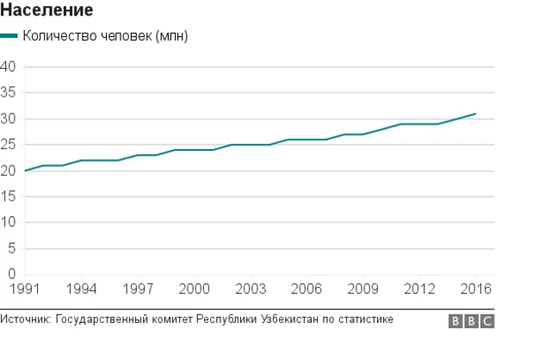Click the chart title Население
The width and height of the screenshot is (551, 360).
tap(47, 10)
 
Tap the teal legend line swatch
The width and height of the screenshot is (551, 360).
tap(9, 36)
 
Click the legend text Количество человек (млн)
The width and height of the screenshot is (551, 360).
tap(105, 36)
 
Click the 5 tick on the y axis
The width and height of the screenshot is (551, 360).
tap(11, 248)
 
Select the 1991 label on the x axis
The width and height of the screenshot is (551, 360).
tap(25, 288)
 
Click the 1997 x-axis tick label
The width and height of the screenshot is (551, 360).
tap(138, 288)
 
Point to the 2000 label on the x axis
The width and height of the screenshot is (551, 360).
tap(195, 288)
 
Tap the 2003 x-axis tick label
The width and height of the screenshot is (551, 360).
tap(251, 288)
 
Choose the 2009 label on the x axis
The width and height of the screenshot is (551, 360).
tap(362, 288)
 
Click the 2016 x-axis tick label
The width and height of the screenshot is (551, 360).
tap(476, 288)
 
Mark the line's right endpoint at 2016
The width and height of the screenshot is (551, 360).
tap(475, 114)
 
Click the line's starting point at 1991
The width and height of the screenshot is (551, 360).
tap(26, 171)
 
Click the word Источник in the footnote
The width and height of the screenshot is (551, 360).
tap(25, 320)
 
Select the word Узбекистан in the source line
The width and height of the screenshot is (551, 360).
tap(288, 320)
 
